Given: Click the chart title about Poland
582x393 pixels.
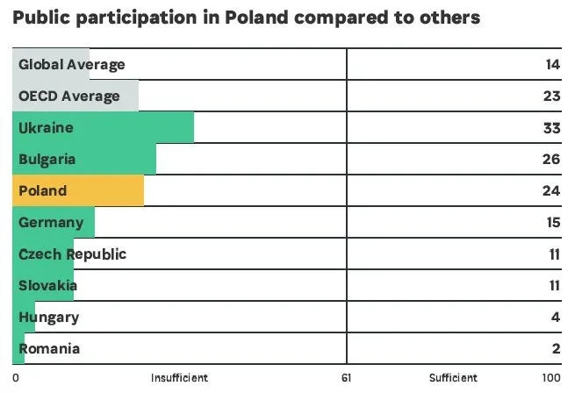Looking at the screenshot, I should click(246, 18).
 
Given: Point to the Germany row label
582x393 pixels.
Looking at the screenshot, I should click(51, 222).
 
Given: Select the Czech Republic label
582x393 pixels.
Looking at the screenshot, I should click(72, 254).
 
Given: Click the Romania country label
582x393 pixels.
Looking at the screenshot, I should click(49, 348).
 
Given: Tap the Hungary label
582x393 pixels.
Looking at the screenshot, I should click(48, 317).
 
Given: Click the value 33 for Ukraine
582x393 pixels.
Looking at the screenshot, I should click(552, 127).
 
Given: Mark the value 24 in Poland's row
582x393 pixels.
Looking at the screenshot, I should click(552, 190).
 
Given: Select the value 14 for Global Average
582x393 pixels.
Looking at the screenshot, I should click(553, 64).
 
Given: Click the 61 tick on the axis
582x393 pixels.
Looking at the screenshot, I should click(346, 378).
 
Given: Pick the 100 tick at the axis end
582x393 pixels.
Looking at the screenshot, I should click(550, 378).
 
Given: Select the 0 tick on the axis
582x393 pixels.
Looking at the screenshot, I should click(16, 378).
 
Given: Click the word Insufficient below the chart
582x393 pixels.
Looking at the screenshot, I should click(179, 378).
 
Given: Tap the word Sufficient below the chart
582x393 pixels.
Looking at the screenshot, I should click(453, 378).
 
